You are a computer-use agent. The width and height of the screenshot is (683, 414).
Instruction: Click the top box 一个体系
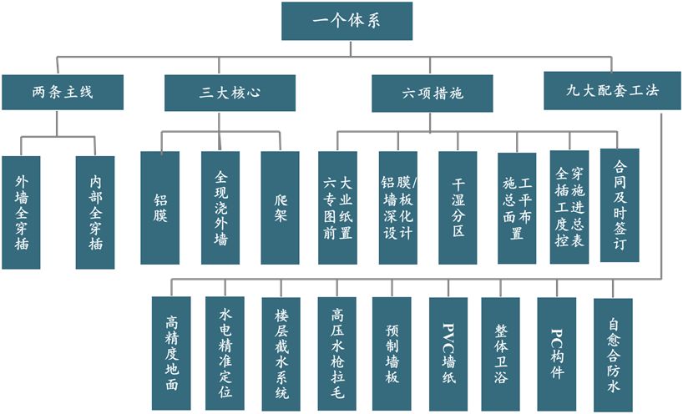[347, 21]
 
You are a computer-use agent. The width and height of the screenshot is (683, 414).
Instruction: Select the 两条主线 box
[63, 93]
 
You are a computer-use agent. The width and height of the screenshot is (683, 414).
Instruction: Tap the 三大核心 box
[230, 93]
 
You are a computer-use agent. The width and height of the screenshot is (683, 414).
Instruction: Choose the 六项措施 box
[431, 93]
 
